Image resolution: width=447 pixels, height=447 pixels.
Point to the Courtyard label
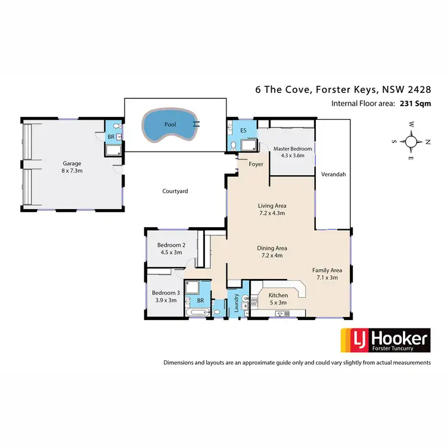coord(175,191)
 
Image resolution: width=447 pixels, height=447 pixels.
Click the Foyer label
coord(256,164)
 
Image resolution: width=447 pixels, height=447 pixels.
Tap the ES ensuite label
coord(243,130)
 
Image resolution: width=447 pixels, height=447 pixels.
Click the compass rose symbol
coord(411,141)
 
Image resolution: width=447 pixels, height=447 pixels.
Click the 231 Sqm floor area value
coord(412,103)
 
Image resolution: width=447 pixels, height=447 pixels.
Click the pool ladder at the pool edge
coord(196,125)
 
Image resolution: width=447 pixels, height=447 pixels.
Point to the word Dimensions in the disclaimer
coord(180,362)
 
